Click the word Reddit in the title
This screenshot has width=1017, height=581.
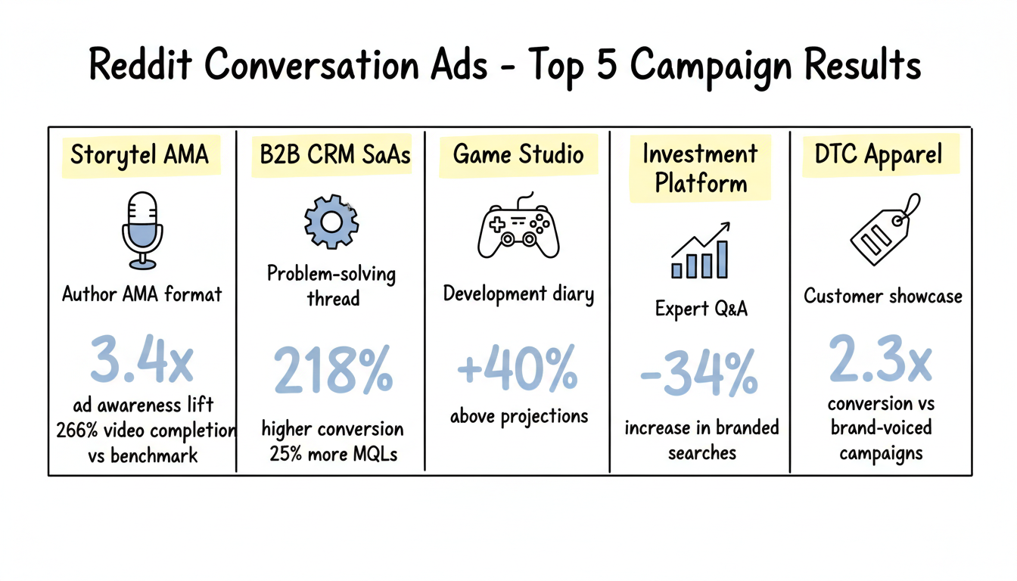tap(139, 66)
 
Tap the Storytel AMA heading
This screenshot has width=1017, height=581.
tap(139, 155)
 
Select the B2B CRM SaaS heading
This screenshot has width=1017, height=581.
tap(334, 155)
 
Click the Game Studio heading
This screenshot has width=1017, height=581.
tap(518, 154)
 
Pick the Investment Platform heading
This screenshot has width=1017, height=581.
tap(700, 169)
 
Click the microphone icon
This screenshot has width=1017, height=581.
tap(142, 230)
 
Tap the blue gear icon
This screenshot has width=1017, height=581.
tap(331, 221)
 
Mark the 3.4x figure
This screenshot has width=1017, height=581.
tap(142, 360)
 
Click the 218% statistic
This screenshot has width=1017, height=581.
tap(333, 371)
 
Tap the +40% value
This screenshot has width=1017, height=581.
tap(518, 370)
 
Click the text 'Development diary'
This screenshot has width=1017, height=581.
tap(518, 294)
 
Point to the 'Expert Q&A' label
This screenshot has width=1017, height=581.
tap(701, 309)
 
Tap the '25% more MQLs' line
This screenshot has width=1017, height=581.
tap(333, 455)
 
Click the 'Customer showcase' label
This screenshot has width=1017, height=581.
tap(882, 296)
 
